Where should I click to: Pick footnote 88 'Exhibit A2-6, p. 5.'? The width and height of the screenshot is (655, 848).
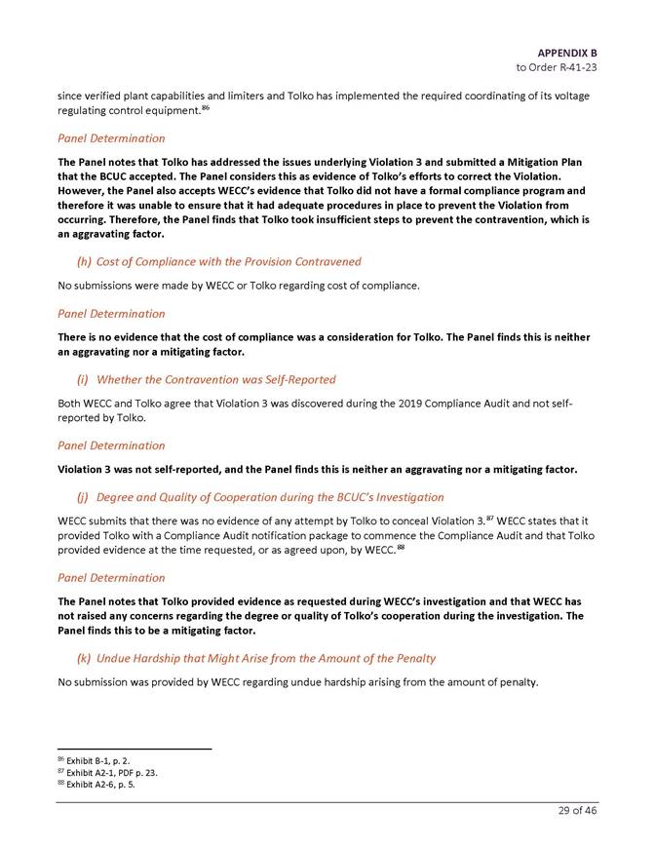click(100, 784)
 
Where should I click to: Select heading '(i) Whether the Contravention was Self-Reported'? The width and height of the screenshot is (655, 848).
click(207, 378)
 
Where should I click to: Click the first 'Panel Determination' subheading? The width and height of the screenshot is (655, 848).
click(111, 138)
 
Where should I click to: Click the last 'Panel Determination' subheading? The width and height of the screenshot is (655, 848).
click(111, 577)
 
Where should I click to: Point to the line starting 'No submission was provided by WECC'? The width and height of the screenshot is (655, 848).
click(297, 682)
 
